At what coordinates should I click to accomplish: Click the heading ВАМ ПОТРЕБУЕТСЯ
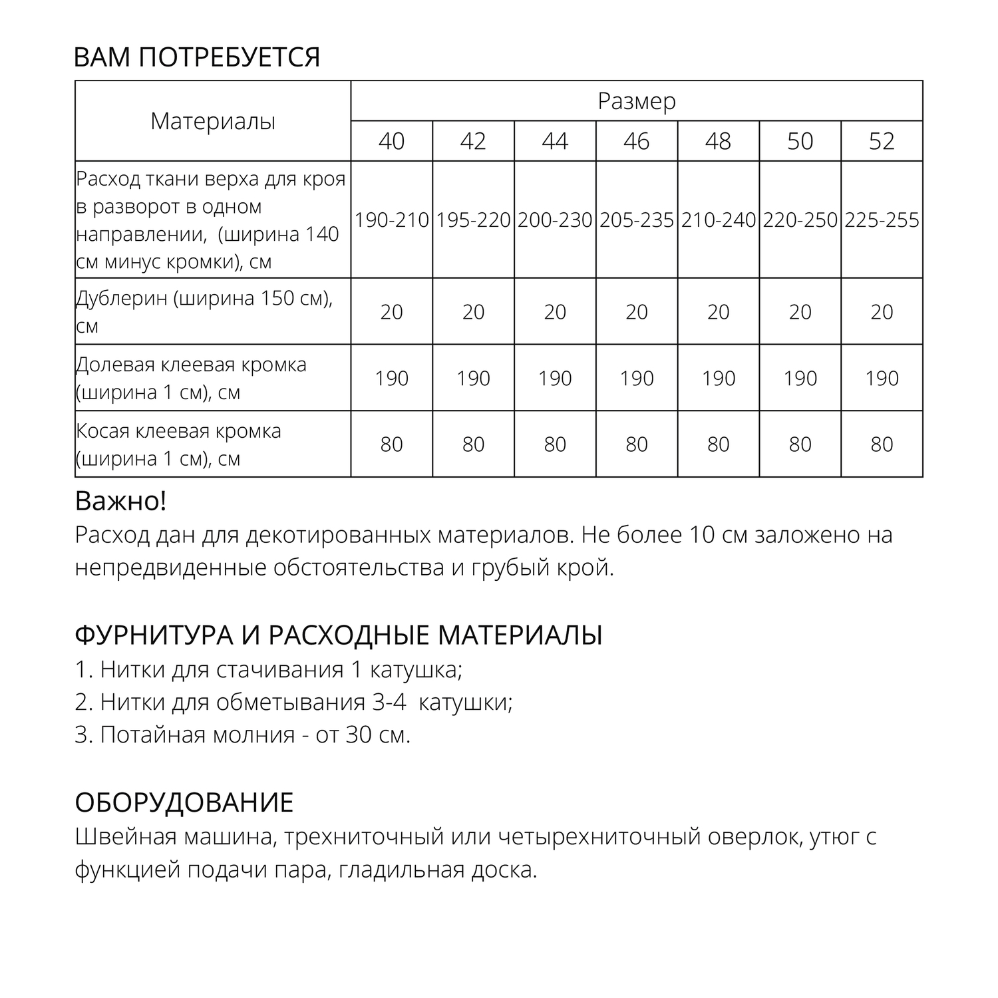coord(197,58)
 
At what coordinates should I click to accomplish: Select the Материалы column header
coord(213,121)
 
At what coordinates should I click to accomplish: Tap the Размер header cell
coord(637,101)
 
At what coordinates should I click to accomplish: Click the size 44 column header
coord(555,141)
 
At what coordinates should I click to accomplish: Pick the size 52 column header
coord(882,141)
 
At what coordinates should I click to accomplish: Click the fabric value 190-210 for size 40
coord(391,220)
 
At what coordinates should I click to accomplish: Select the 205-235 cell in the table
coord(637,220)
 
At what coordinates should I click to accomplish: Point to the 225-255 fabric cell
coord(882,220)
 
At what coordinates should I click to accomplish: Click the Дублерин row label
coord(204,311)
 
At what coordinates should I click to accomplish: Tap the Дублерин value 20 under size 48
coord(719,311)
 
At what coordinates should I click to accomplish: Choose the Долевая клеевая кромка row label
coord(191,378)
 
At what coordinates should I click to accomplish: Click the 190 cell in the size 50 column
coord(800,378)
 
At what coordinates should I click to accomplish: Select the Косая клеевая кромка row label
coord(178,444)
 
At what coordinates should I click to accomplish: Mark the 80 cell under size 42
coord(473,444)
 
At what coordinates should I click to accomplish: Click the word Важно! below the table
coord(120,501)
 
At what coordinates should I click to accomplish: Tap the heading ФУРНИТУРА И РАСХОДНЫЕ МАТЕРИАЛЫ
coord(339,635)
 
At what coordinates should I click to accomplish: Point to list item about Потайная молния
coord(243,735)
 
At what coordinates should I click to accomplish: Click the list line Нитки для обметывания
coord(293,702)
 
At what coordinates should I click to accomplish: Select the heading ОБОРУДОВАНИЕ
coord(184,803)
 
